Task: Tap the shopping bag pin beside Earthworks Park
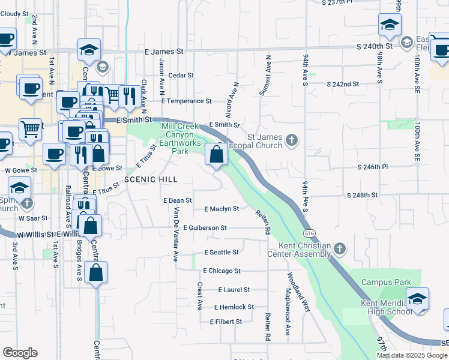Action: (216, 155)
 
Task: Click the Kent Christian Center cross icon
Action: (340, 248)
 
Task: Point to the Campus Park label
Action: (385, 282)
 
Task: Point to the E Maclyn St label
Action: (221, 209)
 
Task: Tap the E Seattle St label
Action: (221, 253)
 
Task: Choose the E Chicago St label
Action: (221, 271)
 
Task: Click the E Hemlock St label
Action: (234, 307)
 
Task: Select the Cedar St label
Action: (181, 76)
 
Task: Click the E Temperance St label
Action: (187, 101)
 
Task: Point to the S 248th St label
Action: (362, 196)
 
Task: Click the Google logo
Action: (20, 353)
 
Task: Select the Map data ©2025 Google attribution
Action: (412, 355)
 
